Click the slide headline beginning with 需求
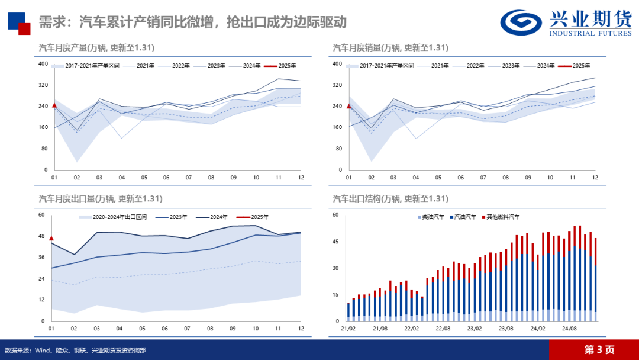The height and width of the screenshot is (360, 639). pos(192,22)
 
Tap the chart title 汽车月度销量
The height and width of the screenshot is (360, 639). pos(390,47)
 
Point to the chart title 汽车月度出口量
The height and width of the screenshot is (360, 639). pos(100,198)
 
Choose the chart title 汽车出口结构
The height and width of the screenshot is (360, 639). pos(390,198)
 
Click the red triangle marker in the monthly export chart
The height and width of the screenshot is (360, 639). pos(51,238)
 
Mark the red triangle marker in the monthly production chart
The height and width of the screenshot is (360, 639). pos(54,105)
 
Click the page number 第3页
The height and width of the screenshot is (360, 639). pos(599,350)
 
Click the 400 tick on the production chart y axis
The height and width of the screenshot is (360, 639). pos(43,63)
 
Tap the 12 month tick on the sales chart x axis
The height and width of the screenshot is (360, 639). pos(595,178)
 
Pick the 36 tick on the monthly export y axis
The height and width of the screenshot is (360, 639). pos(41,257)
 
